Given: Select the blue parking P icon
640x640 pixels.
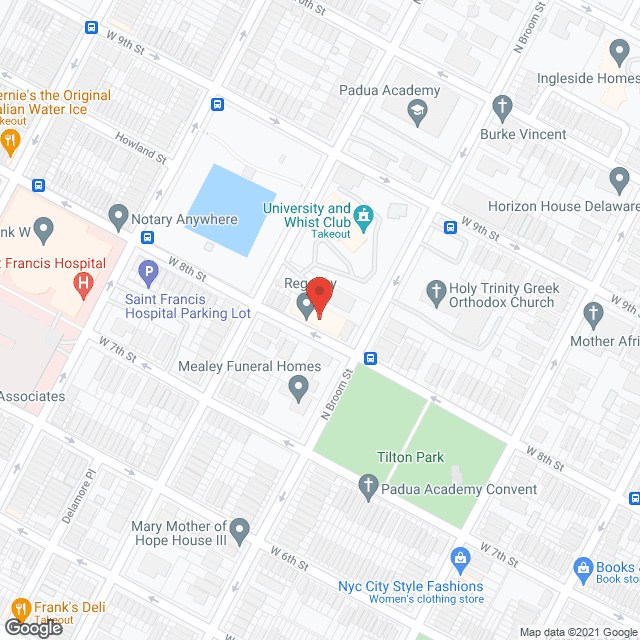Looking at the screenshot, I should (x=148, y=270).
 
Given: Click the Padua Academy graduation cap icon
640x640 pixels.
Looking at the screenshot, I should (x=417, y=112).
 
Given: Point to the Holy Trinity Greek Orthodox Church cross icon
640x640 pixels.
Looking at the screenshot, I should (x=435, y=291).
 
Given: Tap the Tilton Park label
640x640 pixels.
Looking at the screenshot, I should (x=410, y=457).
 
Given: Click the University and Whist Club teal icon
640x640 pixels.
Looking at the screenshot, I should (x=364, y=214).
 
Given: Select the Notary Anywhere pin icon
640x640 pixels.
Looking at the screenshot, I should (x=119, y=214).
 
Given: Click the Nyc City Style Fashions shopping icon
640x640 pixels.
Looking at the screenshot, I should (x=460, y=557).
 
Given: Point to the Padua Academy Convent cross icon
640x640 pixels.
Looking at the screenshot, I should (x=368, y=487).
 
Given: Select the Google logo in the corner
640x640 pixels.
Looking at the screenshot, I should (x=33, y=628).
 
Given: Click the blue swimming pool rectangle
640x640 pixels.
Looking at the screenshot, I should (x=231, y=209).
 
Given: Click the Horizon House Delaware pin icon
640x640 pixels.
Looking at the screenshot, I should (x=618, y=179).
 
